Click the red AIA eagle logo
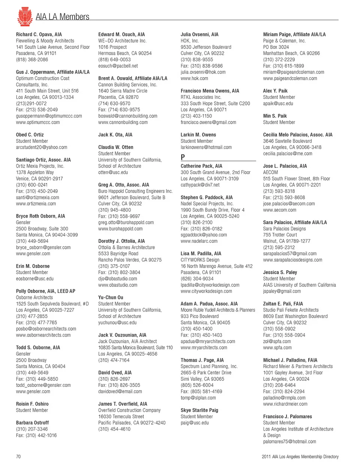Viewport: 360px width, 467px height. coord(25,16)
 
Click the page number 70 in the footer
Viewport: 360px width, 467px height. coord(18,457)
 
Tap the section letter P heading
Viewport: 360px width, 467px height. coord(183,157)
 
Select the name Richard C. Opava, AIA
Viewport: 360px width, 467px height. coord(39,34)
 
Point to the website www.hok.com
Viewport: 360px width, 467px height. coord(194,79)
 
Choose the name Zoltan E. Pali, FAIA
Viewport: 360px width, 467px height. coord(283,304)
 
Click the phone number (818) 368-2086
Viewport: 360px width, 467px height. coord(32,60)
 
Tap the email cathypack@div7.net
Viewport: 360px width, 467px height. coord(200,185)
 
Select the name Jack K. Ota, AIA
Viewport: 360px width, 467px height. coord(115,135)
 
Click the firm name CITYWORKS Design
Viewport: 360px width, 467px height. coord(200,260)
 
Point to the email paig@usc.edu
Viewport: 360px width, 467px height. coord(195,423)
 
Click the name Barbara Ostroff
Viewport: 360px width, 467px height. coord(32,423)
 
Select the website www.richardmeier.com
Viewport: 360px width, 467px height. coord(285,404)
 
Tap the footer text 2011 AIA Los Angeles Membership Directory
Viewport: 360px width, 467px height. coord(300,457)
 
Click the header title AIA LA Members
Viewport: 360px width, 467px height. coord(63,17)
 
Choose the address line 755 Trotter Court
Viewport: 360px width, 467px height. coord(280,235)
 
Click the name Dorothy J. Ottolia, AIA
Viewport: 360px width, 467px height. coord(121,241)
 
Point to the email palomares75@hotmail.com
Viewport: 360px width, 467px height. coord(289,442)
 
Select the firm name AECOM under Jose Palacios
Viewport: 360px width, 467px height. coord(271,172)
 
